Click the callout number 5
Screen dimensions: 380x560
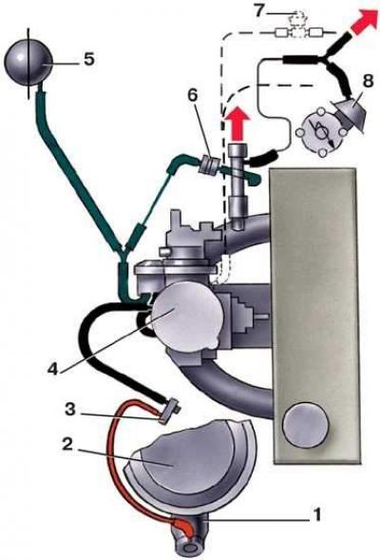(x=89, y=59)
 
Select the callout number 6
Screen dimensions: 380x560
(x=192, y=96)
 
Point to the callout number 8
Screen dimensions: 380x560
(x=367, y=81)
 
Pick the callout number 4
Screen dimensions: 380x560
(x=52, y=369)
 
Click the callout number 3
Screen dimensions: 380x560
(x=70, y=409)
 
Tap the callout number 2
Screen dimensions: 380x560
(x=67, y=445)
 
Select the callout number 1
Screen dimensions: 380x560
(x=316, y=515)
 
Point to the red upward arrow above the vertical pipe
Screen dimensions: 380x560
(x=238, y=124)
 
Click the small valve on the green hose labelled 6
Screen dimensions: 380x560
(x=209, y=165)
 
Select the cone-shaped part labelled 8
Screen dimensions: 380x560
(x=349, y=110)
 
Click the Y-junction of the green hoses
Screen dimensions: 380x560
(x=123, y=250)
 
